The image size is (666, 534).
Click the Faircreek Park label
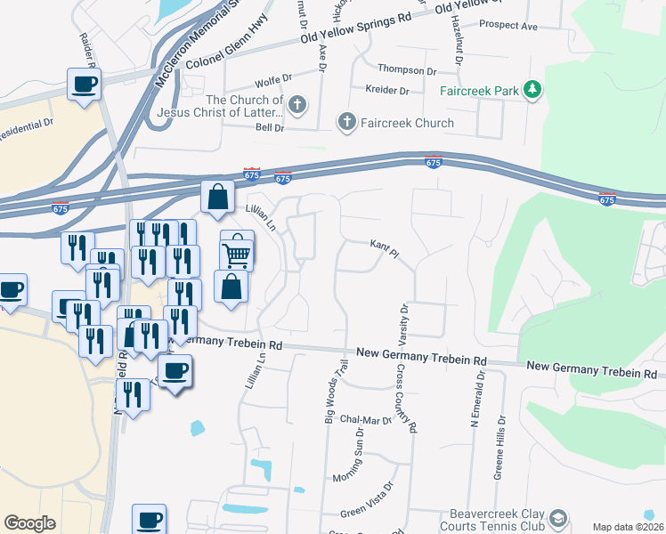click(478, 90)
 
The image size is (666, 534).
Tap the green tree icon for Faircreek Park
click(532, 88)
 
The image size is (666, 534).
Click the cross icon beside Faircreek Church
click(346, 121)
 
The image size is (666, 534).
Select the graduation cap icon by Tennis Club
click(557, 517)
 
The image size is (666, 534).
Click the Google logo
click(30, 522)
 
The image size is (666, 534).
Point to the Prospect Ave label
click(508, 27)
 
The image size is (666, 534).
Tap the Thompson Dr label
click(408, 69)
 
